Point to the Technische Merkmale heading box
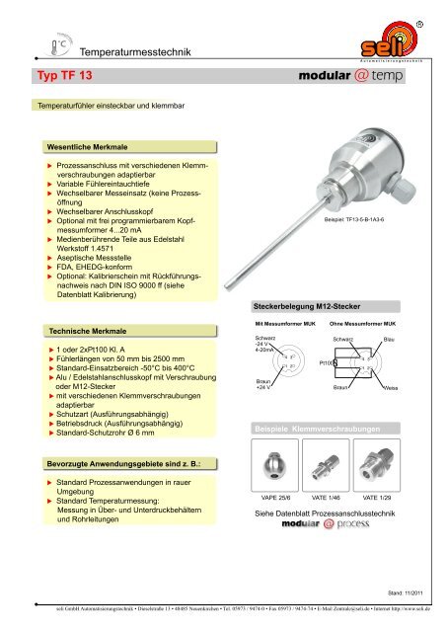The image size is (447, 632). (x=82, y=326)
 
